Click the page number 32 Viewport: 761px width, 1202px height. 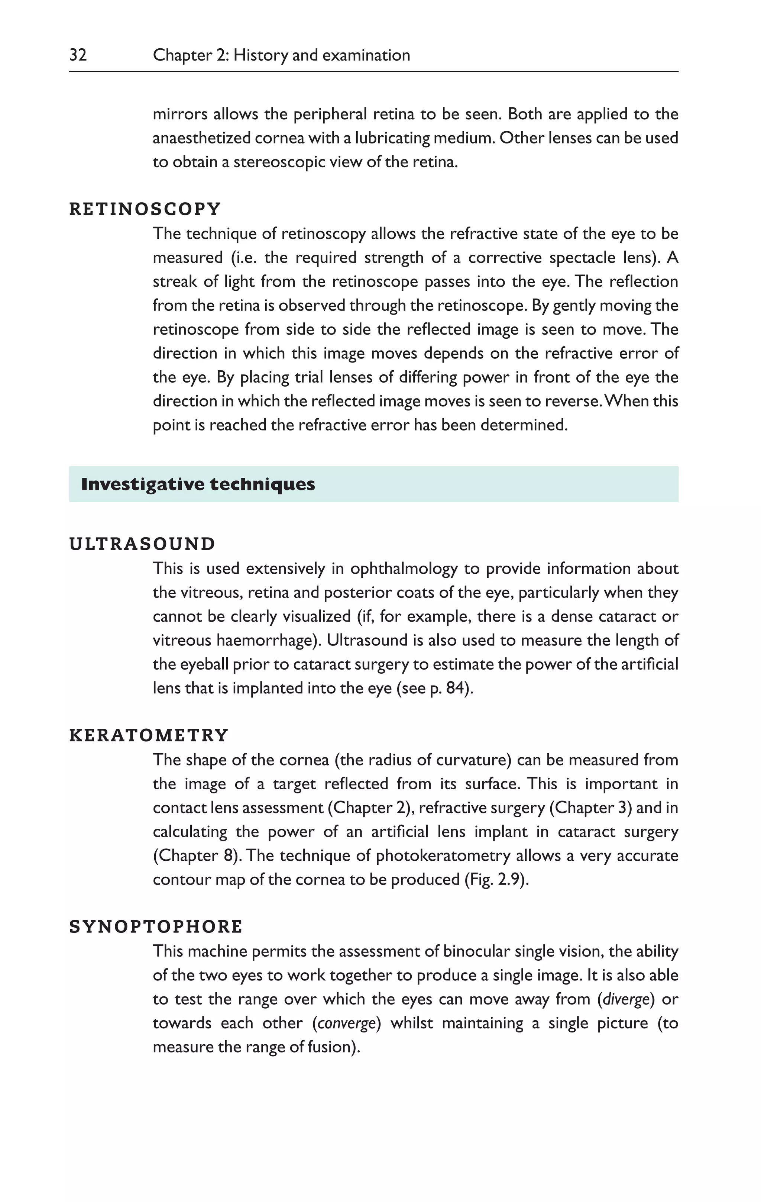click(x=78, y=55)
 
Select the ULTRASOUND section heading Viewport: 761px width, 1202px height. click(x=142, y=544)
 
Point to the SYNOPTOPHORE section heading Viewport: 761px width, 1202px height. click(x=156, y=927)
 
